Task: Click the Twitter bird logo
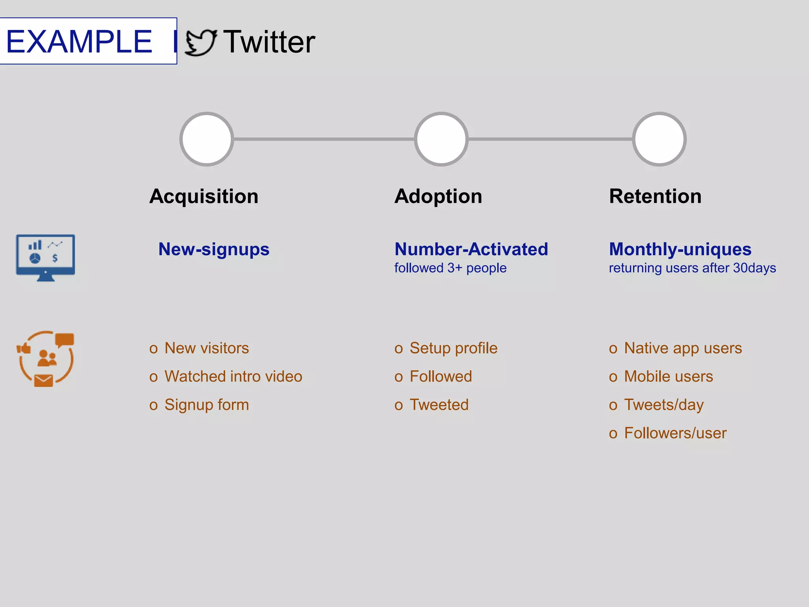[x=201, y=43]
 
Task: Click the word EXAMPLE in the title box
[x=79, y=41]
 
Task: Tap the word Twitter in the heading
[x=269, y=42]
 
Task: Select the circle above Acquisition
[x=207, y=139]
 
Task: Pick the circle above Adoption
[x=441, y=139]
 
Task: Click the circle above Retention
[x=659, y=139]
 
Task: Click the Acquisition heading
[x=204, y=196]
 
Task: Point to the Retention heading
[x=655, y=196]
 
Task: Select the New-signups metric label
[x=214, y=249]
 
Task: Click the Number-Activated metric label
[x=471, y=249]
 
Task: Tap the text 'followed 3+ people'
[x=450, y=268]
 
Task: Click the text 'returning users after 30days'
[x=692, y=268]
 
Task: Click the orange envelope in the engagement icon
[x=43, y=381]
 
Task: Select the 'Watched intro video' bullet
[x=233, y=377]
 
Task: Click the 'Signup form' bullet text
[x=207, y=405]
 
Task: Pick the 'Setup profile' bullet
[x=453, y=348]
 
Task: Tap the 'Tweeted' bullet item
[x=439, y=405]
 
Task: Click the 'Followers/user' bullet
[x=675, y=434]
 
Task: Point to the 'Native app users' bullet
[x=683, y=348]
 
